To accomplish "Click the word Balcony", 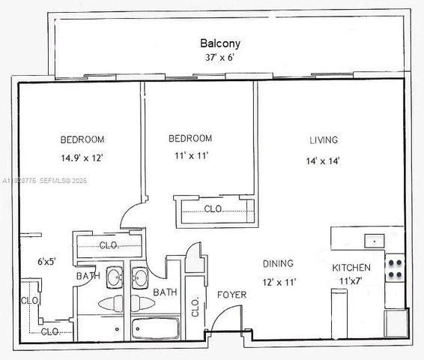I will click(219, 43).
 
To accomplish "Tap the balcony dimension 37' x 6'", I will click(219, 58).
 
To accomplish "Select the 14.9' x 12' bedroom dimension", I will click(82, 157).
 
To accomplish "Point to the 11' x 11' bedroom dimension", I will click(190, 156).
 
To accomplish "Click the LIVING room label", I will click(323, 140).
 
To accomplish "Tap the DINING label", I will click(277, 264).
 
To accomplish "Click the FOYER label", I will click(231, 295).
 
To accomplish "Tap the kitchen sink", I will click(372, 241).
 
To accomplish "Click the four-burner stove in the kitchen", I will click(394, 268).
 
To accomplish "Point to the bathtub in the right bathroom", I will click(154, 328).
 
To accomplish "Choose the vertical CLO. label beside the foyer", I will click(195, 305).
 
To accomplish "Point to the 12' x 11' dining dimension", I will click(279, 282).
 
